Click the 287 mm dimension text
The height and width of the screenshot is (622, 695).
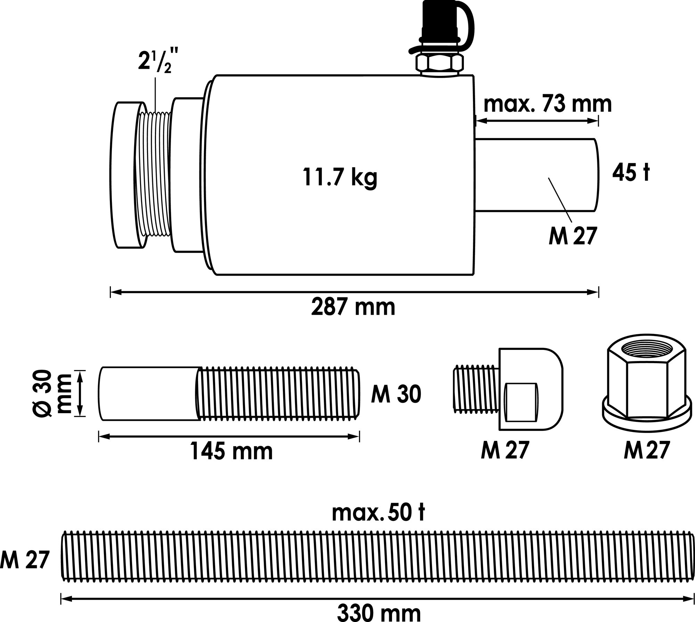(353, 307)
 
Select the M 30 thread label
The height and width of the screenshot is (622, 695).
(396, 394)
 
